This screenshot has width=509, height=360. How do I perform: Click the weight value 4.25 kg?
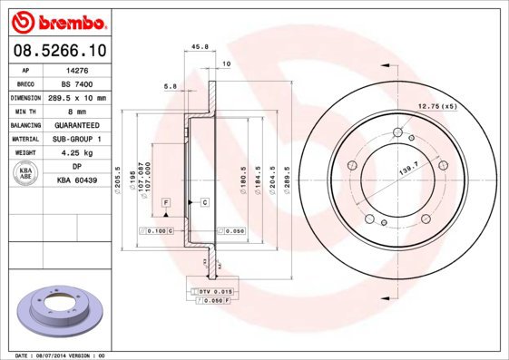78,153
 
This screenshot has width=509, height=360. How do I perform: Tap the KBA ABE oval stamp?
26,174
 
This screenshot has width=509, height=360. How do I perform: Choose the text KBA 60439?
78,181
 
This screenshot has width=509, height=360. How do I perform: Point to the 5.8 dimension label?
170,86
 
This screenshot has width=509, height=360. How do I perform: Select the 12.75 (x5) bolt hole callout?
436,107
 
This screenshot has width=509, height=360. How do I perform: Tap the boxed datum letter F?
167,200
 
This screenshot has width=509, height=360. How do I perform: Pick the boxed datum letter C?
205,200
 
